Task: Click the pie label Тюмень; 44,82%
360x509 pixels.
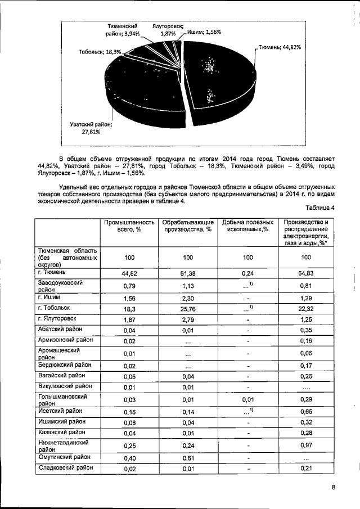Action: click(x=280, y=47)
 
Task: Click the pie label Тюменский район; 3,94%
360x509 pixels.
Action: click(x=123, y=30)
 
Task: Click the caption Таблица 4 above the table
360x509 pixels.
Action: click(x=320, y=208)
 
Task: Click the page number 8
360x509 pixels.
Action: click(x=334, y=488)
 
